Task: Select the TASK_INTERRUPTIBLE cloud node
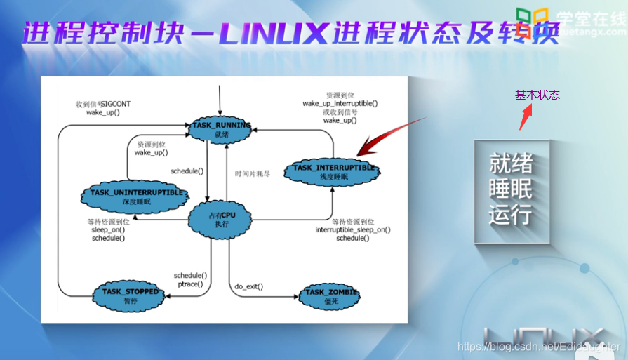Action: pyautogui.click(x=331, y=172)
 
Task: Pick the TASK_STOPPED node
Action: pyautogui.click(x=131, y=295)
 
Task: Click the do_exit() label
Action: pyautogui.click(x=249, y=286)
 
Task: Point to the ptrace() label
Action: pyautogui.click(x=190, y=284)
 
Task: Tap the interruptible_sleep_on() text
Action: pyautogui.click(x=353, y=229)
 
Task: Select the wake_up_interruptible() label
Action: pyautogui.click(x=340, y=104)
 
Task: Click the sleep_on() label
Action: pyautogui.click(x=108, y=229)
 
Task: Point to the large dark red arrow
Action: pyautogui.click(x=389, y=135)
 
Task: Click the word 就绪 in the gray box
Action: pyautogui.click(x=511, y=164)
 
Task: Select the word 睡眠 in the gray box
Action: pyautogui.click(x=511, y=189)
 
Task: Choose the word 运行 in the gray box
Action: pyautogui.click(x=511, y=214)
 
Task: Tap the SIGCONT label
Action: pyautogui.click(x=116, y=104)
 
